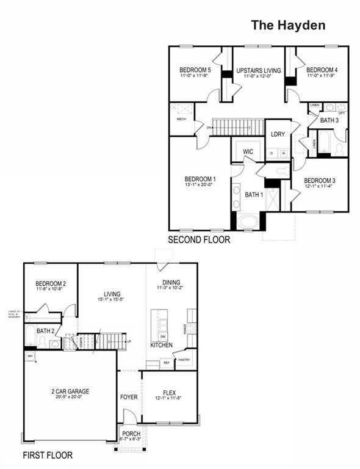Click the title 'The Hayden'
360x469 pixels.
[x=288, y=26]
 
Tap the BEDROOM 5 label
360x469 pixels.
[x=195, y=70]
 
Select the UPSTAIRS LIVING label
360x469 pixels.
[x=259, y=71]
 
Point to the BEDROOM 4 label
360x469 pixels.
[x=322, y=70]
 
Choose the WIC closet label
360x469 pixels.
[x=248, y=151]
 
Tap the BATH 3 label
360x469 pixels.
[x=329, y=120]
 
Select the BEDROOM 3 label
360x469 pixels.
[x=320, y=180]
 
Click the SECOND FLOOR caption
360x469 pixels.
[x=200, y=240]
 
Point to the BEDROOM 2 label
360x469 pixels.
[x=51, y=283]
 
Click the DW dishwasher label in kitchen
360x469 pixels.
[x=163, y=336]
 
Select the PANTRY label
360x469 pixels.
[x=184, y=360]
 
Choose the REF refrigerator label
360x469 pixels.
[x=165, y=363]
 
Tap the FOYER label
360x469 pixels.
[x=129, y=397]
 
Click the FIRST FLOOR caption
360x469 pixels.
[x=48, y=456]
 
